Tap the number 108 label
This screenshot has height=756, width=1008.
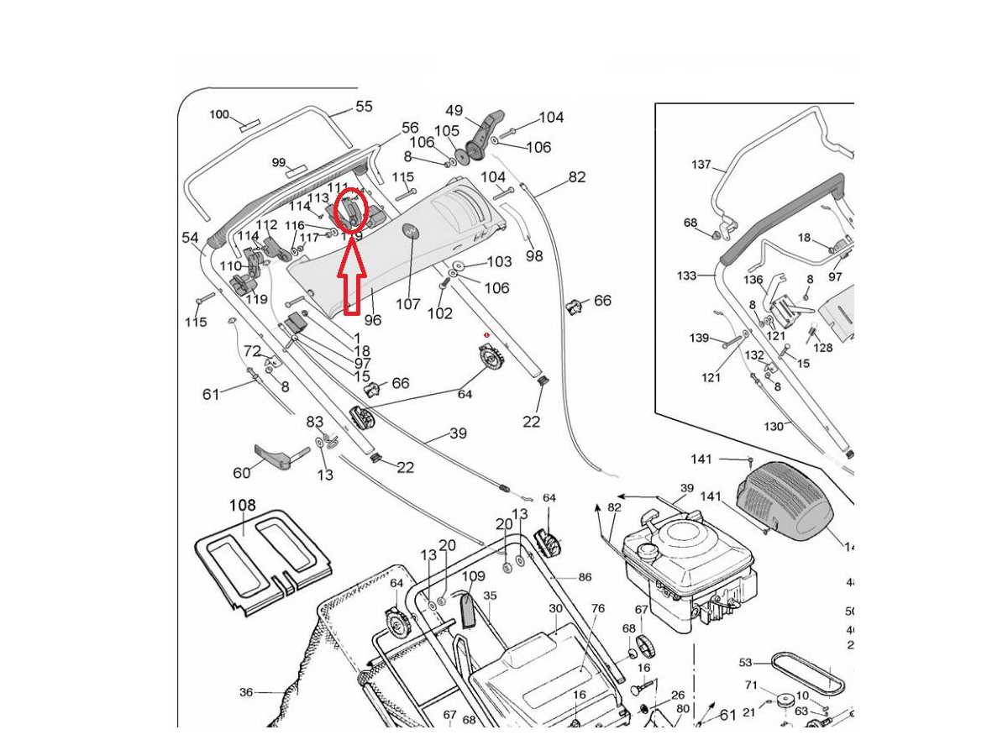(x=243, y=506)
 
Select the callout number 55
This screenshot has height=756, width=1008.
(x=364, y=107)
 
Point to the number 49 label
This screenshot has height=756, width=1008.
(x=454, y=111)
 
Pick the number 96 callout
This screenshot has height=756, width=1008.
(x=372, y=320)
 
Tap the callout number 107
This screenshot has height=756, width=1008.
(x=408, y=304)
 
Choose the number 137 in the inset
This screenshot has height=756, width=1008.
(x=701, y=165)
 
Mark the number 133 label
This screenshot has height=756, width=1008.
(x=687, y=276)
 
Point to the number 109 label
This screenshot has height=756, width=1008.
(x=474, y=576)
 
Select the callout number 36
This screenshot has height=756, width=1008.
(x=246, y=692)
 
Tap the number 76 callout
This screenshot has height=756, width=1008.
(x=598, y=608)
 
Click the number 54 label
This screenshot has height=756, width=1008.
(x=191, y=238)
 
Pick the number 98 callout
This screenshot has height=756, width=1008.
(x=534, y=256)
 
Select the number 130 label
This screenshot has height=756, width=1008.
(x=774, y=426)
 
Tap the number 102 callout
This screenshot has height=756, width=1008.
(x=439, y=313)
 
